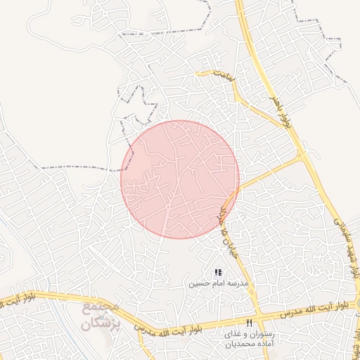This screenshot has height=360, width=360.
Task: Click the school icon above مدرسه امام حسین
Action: (218, 272)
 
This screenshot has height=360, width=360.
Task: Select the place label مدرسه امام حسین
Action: (217, 283)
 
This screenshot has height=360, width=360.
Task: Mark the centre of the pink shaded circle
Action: (180, 179)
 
